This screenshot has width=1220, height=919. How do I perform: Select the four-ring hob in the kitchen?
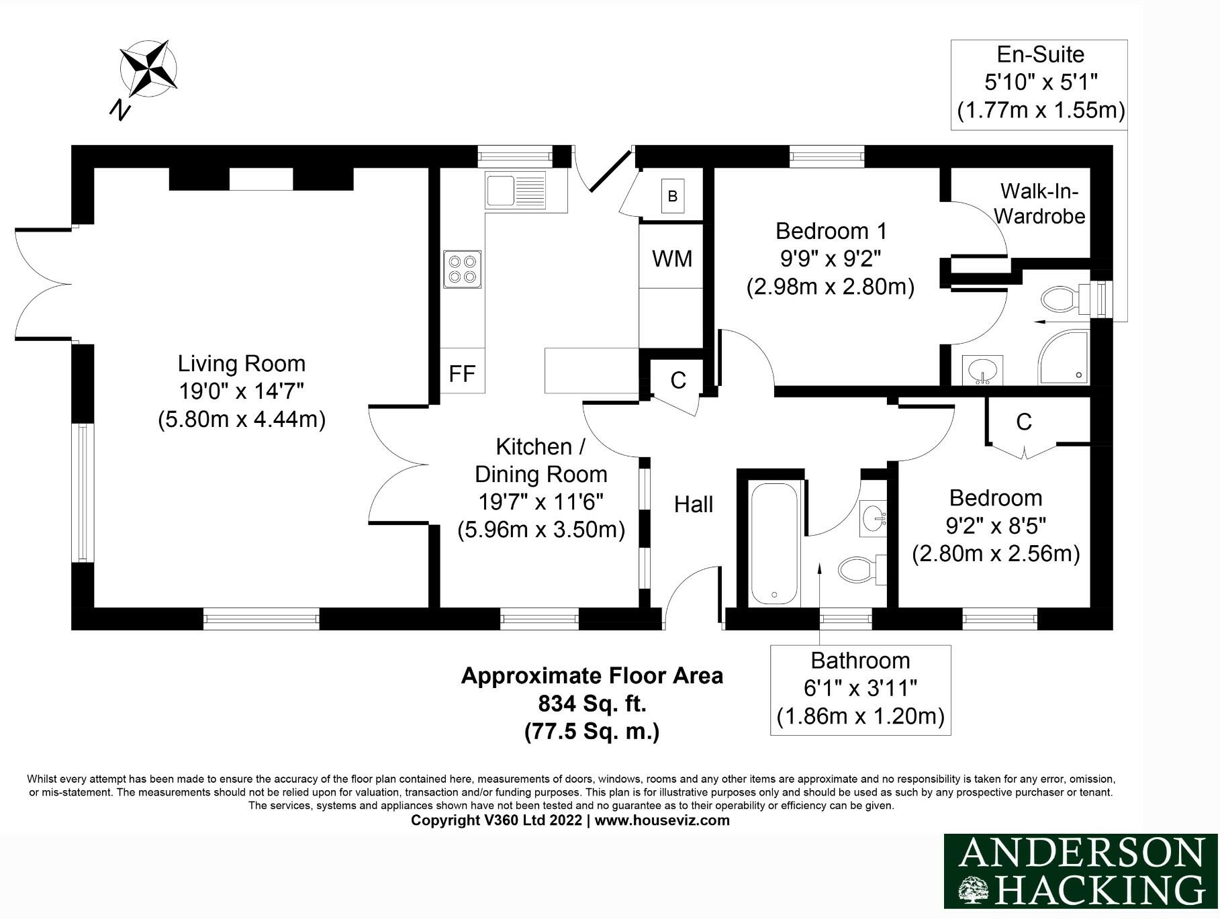click(x=462, y=269)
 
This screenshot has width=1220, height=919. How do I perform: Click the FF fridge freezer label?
click(x=462, y=374)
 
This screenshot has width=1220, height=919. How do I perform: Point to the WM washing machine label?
click(x=672, y=258)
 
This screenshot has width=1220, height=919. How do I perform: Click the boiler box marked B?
click(x=672, y=196)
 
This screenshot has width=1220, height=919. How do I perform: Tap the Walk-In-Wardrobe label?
click(x=1039, y=203)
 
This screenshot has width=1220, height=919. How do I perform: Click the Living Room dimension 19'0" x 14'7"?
click(x=242, y=391)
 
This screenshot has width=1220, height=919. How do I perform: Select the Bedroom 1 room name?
click(x=831, y=231)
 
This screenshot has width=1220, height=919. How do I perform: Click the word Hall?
click(x=693, y=504)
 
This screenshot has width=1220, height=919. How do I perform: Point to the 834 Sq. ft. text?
click(x=592, y=704)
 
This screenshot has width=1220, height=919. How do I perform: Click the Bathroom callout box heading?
click(x=859, y=661)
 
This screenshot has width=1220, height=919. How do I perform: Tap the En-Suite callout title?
click(x=1039, y=54)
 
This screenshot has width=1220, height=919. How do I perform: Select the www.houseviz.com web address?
click(x=661, y=820)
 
